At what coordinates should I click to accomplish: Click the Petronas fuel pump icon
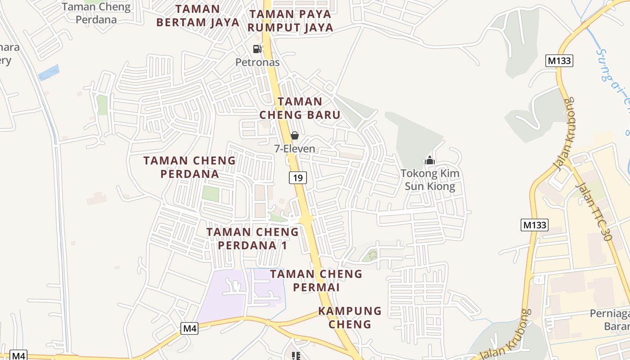tap(257, 49)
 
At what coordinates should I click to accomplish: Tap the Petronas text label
tap(257, 62)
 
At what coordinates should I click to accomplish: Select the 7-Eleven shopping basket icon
tap(295, 135)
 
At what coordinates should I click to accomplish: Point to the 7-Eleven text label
tap(295, 148)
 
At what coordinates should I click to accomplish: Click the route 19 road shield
tap(297, 178)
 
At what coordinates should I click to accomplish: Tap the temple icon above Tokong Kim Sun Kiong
tap(430, 160)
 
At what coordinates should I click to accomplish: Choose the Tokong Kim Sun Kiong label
tap(430, 180)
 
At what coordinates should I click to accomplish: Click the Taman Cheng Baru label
tap(300, 108)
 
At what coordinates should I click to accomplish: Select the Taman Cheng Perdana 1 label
tap(252, 238)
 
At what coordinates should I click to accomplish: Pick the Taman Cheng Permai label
tap(316, 280)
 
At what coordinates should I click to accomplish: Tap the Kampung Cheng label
tap(350, 317)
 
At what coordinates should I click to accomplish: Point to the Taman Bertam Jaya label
tap(198, 16)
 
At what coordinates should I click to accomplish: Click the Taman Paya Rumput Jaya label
tap(291, 21)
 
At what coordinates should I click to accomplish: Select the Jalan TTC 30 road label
tap(594, 211)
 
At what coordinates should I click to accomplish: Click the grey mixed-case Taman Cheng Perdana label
tap(96, 13)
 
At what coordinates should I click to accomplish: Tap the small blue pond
tap(48, 72)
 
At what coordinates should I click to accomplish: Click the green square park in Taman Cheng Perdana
tap(210, 194)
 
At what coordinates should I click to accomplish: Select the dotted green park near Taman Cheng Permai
tap(369, 256)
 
